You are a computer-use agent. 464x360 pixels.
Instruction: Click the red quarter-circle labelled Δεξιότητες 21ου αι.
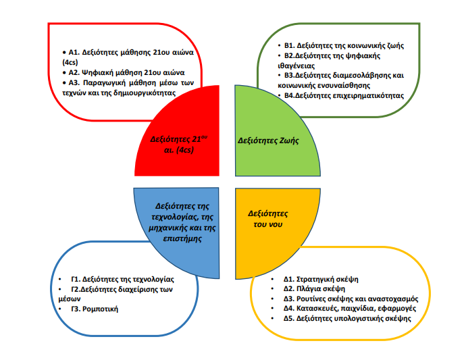182,135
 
